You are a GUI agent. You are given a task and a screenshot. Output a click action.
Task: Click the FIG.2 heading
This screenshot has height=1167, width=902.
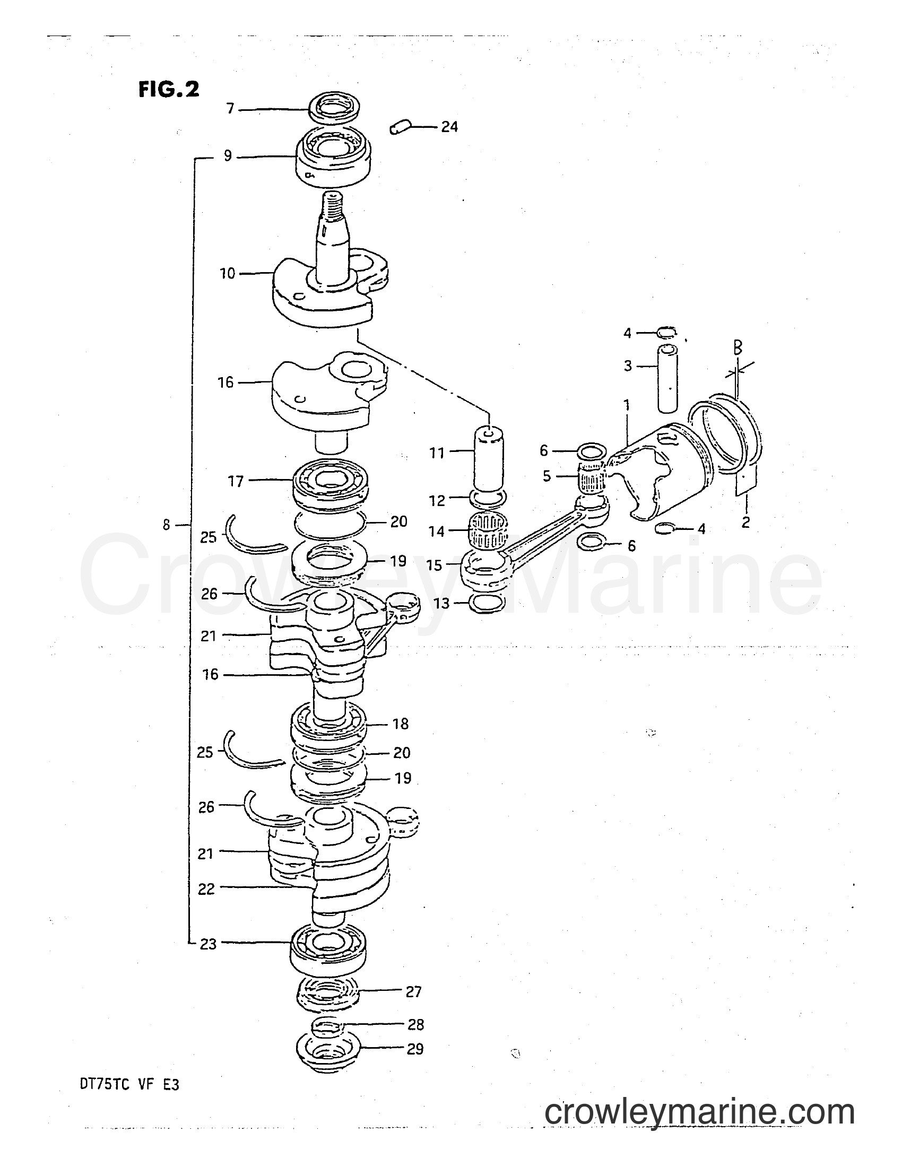(x=169, y=89)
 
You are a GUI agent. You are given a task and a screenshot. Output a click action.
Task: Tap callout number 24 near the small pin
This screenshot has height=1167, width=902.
(x=449, y=127)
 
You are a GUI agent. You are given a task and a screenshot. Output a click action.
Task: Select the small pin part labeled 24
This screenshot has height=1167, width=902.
(x=398, y=128)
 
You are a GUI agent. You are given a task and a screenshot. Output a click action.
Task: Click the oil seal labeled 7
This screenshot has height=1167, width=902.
(x=335, y=111)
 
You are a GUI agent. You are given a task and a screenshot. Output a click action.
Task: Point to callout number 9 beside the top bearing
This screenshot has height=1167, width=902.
(x=228, y=156)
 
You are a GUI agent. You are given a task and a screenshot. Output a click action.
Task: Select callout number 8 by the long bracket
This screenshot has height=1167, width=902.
(x=167, y=525)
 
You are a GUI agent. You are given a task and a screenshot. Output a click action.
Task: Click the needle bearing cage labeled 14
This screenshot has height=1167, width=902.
(x=487, y=530)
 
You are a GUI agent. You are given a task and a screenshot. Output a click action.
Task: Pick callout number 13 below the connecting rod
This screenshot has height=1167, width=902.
(x=441, y=603)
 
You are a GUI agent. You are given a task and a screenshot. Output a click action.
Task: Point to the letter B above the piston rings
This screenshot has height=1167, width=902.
(x=738, y=349)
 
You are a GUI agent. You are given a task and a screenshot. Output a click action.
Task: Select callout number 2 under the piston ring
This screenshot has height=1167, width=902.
(x=745, y=522)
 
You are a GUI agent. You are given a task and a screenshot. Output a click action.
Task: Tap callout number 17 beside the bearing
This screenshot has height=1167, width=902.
(x=235, y=482)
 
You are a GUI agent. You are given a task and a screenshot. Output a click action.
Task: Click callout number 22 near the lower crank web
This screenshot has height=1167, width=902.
(x=206, y=889)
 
